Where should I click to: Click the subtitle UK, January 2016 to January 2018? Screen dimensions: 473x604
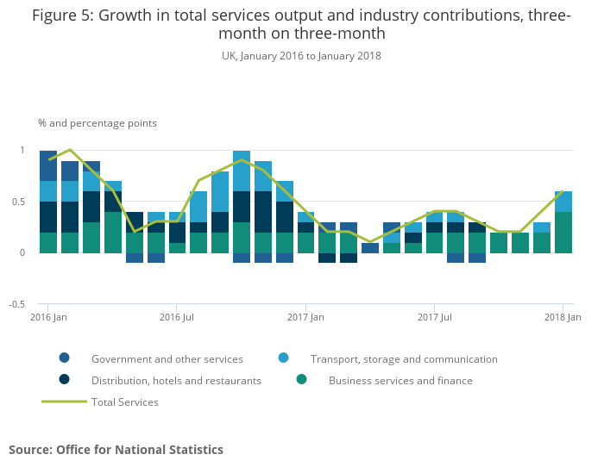pos(301,56)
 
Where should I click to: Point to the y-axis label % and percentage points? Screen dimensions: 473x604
pos(98,123)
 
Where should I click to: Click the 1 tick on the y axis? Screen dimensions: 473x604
pos(22,151)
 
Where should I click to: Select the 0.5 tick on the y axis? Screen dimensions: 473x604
pos(18,202)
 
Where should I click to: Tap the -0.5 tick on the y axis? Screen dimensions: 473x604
pos(16,305)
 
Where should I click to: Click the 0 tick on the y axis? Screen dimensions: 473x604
pos(22,253)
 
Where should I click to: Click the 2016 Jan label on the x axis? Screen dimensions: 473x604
pos(48,318)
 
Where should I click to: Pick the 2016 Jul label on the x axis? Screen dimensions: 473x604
pos(177,318)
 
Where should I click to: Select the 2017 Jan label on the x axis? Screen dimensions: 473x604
pos(305,318)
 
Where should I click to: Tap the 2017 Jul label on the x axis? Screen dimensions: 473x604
pos(435,318)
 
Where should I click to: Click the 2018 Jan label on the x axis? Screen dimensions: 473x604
pos(562,318)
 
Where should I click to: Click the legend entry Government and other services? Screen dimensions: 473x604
pos(167,359)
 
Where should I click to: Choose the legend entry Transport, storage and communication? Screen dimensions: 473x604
pos(404,359)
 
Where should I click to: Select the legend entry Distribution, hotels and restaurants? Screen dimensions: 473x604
pos(176,381)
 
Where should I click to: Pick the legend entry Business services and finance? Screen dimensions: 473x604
pos(400,381)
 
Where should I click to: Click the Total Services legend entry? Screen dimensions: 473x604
pos(124,402)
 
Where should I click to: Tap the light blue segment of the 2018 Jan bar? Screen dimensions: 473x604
pos(563,202)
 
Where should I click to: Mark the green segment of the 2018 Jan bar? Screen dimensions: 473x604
pos(563,233)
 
